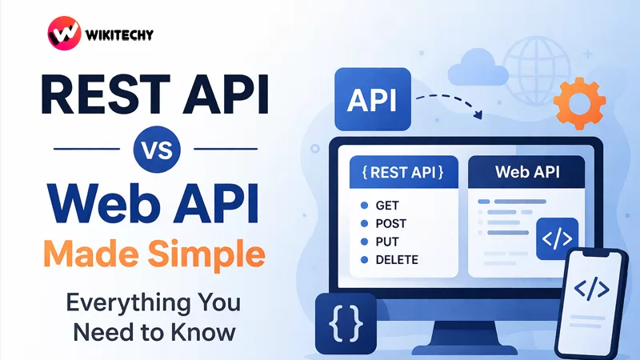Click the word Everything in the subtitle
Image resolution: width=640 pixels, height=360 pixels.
[112, 305]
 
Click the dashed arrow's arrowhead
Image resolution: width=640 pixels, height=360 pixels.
[478, 117]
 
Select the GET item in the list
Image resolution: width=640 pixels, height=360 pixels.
[386, 206]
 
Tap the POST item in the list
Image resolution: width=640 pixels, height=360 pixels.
[390, 223]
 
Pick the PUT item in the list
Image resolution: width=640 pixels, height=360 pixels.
[386, 242]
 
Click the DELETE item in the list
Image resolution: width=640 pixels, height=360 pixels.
[395, 259]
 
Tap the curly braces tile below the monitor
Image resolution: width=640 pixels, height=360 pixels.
[346, 325]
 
